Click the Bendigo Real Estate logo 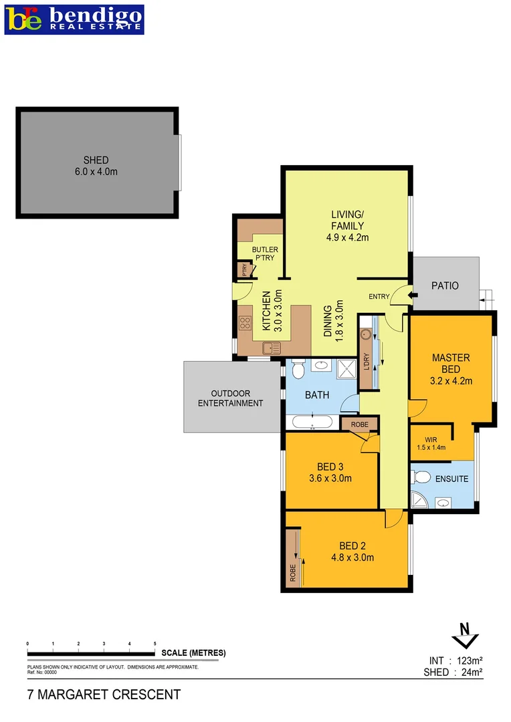(x=74, y=19)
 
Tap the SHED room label (x=96, y=160)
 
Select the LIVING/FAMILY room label (x=347, y=220)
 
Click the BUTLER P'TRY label (x=265, y=254)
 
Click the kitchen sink (x=272, y=347)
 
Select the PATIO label (x=445, y=285)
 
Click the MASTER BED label (x=450, y=363)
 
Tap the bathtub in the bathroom (x=312, y=422)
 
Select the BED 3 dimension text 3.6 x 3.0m (x=330, y=478)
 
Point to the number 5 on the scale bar (x=155, y=643)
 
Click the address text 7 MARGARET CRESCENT (x=104, y=695)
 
